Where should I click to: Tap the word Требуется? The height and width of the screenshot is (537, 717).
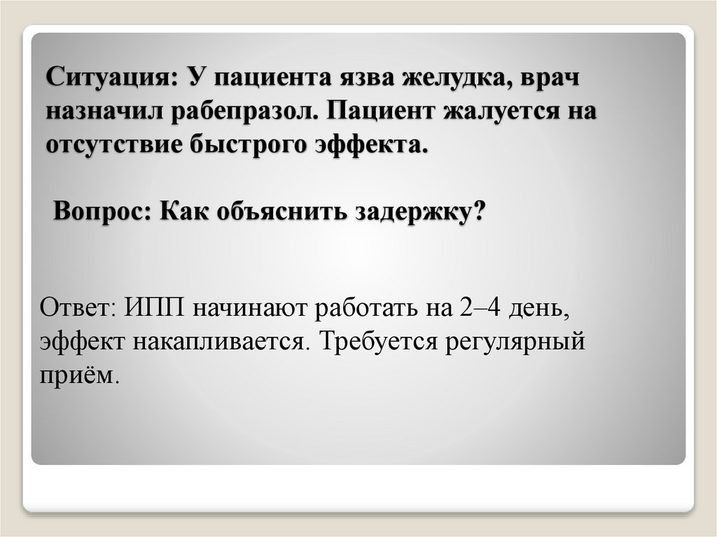click(x=367, y=342)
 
